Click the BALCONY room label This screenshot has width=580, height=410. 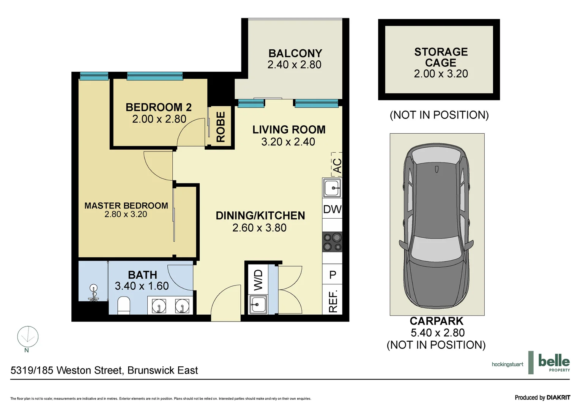point(295,54)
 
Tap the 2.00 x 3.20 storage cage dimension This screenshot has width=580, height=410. point(441,74)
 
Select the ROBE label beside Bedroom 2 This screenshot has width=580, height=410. point(221,127)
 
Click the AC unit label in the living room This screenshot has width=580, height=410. point(337,166)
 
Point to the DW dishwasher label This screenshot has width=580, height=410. point(332,210)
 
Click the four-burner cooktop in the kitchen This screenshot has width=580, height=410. point(332,242)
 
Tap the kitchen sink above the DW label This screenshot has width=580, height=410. point(332,188)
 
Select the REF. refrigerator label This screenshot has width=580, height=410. point(333,301)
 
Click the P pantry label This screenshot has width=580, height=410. point(333,275)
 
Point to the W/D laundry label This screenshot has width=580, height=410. point(258,280)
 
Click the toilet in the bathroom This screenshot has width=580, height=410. point(124,306)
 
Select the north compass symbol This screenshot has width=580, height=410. point(28,337)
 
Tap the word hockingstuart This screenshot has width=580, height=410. point(507,364)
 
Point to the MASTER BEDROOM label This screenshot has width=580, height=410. point(126,206)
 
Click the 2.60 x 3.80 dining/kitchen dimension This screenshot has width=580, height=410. point(259,228)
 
